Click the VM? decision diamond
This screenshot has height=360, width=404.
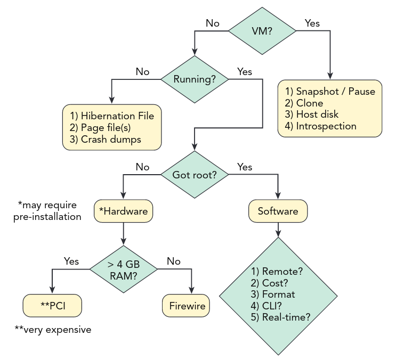[262, 31]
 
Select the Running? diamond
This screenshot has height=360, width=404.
[195, 79]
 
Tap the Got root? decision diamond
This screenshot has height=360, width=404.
[195, 175]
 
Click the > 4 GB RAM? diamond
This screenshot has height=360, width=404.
[124, 269]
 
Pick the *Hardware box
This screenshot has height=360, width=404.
[124, 211]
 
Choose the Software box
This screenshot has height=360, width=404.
[278, 211]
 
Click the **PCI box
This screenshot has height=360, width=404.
[52, 306]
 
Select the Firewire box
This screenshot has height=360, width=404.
[186, 306]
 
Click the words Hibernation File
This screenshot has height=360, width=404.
[117, 116]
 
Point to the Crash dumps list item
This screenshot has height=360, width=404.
[111, 140]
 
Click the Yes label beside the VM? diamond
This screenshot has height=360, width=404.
[312, 23]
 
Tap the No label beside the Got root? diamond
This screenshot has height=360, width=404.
[142, 167]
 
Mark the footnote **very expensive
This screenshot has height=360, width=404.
[53, 330]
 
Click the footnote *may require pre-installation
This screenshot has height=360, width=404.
[47, 211]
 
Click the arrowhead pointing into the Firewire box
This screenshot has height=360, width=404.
[191, 290]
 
